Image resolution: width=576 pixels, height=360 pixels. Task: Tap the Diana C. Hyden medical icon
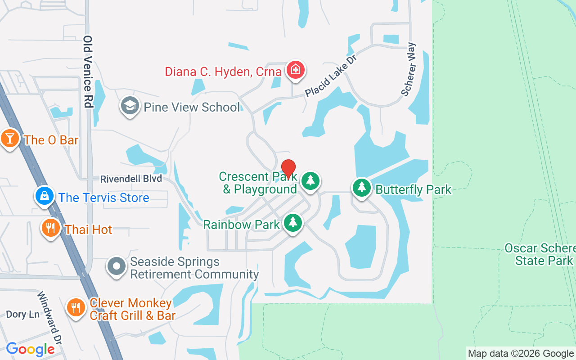[295, 70]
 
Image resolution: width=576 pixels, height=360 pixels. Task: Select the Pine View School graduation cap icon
[130, 106]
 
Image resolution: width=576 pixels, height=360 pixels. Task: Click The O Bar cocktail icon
[9, 139]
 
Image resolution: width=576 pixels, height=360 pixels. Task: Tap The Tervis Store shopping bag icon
[45, 197]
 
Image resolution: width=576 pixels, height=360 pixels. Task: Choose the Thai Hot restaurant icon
[51, 228]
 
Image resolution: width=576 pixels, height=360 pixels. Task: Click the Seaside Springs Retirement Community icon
[117, 266]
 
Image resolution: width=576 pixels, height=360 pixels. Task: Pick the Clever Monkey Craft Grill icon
[76, 308]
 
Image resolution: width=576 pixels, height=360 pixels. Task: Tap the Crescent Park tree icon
[310, 180]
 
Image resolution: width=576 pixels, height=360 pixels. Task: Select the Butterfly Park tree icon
[361, 188]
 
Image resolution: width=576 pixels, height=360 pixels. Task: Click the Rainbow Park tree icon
[293, 223]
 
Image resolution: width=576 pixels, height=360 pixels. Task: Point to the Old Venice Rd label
[88, 72]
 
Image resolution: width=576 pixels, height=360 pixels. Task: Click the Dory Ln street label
[22, 314]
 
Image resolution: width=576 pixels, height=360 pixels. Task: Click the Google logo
[30, 349]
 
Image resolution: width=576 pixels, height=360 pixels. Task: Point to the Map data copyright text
[521, 354]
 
